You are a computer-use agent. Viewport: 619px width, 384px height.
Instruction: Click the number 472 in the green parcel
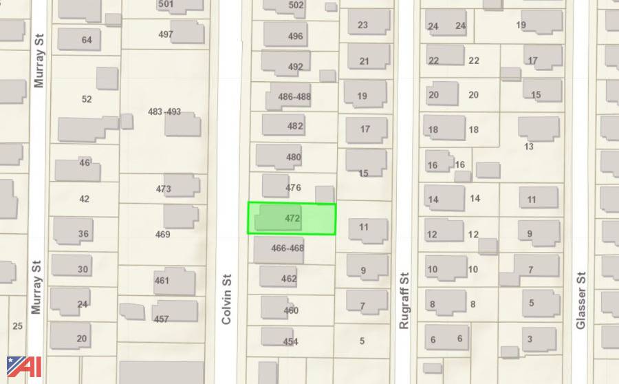point(292,218)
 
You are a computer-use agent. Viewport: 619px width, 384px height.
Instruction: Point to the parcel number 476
point(293,187)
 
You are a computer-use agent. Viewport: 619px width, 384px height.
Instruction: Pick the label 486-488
point(294,97)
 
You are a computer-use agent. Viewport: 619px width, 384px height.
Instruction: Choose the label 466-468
point(287,248)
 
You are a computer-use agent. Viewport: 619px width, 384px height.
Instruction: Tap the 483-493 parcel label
point(164,111)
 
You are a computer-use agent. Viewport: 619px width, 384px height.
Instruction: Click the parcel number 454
point(291,341)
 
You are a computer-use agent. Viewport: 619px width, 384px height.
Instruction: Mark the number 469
point(162,235)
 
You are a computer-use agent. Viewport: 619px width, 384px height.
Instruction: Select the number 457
point(161,319)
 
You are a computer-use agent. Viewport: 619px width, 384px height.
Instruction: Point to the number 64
point(87,40)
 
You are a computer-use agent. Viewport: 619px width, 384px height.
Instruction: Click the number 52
point(87,99)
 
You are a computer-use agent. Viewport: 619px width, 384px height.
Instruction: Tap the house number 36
point(83,234)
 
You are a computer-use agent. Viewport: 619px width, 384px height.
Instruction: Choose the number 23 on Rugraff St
point(362,25)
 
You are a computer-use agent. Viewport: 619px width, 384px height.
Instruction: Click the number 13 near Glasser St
point(529,147)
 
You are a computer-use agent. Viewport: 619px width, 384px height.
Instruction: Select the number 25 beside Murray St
point(18,326)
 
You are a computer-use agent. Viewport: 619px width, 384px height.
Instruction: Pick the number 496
point(295,36)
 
